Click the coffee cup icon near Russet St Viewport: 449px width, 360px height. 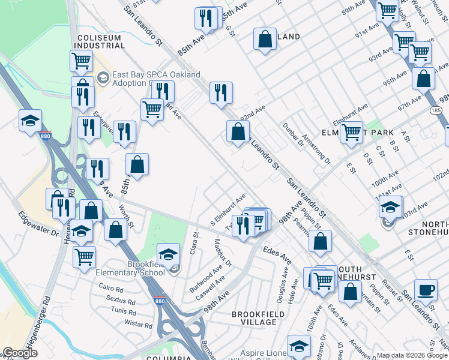click(426, 290)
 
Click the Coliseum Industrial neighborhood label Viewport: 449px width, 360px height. click(100, 42)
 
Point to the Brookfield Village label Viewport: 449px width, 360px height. click(255, 318)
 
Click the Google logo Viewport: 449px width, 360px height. click(20, 353)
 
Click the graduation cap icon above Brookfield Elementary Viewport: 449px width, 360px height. click(169, 254)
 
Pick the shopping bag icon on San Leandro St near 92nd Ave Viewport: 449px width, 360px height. click(238, 131)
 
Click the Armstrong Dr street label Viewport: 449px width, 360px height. click(316, 148)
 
